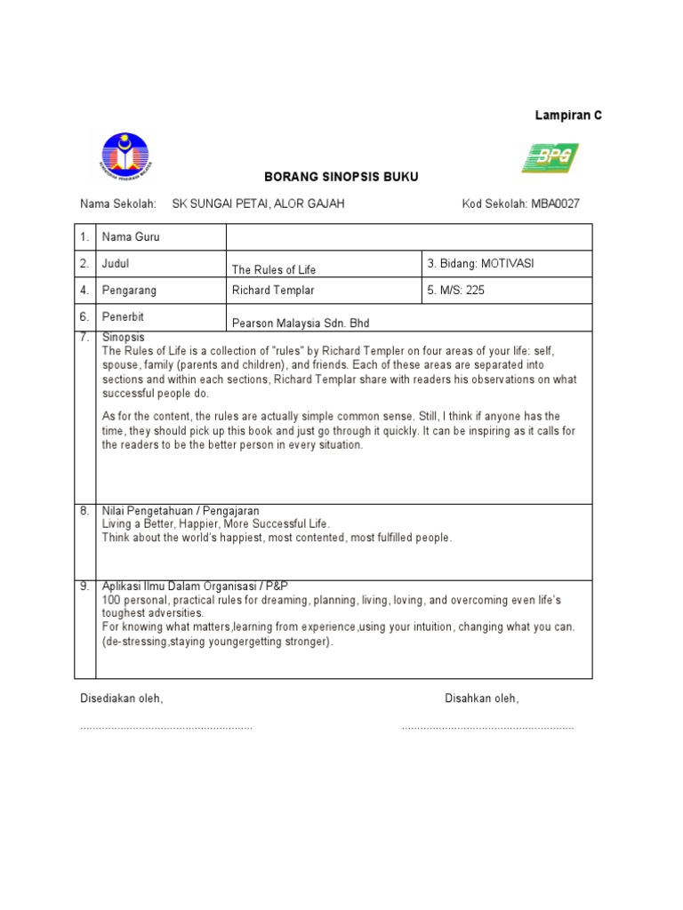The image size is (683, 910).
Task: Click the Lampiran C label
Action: [x=568, y=116]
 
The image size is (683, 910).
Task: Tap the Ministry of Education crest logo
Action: [x=125, y=156]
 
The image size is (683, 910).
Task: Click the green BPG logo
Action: [x=550, y=158]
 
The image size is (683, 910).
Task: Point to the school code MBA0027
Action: [x=556, y=204]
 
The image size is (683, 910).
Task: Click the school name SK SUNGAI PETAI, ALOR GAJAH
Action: [x=258, y=204]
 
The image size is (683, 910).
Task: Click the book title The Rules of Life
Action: [x=274, y=269]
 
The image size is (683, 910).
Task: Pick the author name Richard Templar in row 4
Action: [x=273, y=291]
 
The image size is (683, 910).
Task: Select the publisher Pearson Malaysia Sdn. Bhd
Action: [x=300, y=323]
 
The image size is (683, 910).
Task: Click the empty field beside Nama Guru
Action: [x=409, y=237]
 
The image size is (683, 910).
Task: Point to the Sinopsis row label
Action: [x=123, y=339]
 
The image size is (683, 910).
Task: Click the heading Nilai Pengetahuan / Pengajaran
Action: [x=181, y=511]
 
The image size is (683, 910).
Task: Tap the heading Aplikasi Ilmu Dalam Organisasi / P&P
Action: [x=195, y=587]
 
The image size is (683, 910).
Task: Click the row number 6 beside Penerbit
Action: [x=84, y=317]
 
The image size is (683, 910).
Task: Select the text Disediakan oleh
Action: [x=122, y=699]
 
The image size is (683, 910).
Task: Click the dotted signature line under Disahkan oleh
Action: [x=487, y=728]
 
